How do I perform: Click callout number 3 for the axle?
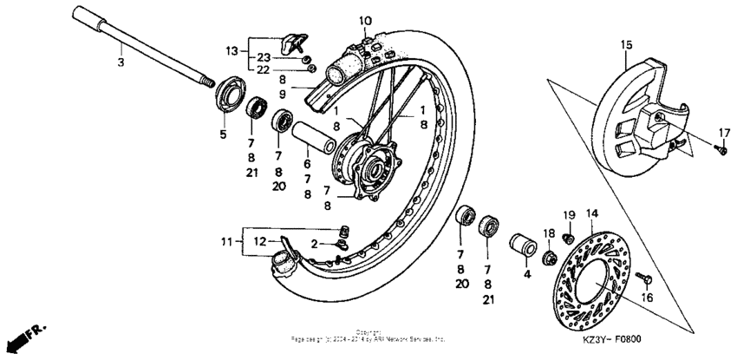[121, 62]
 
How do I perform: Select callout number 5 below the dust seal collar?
[223, 134]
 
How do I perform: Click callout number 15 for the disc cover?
[626, 43]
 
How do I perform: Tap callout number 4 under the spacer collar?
[526, 274]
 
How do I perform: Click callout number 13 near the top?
[231, 51]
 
